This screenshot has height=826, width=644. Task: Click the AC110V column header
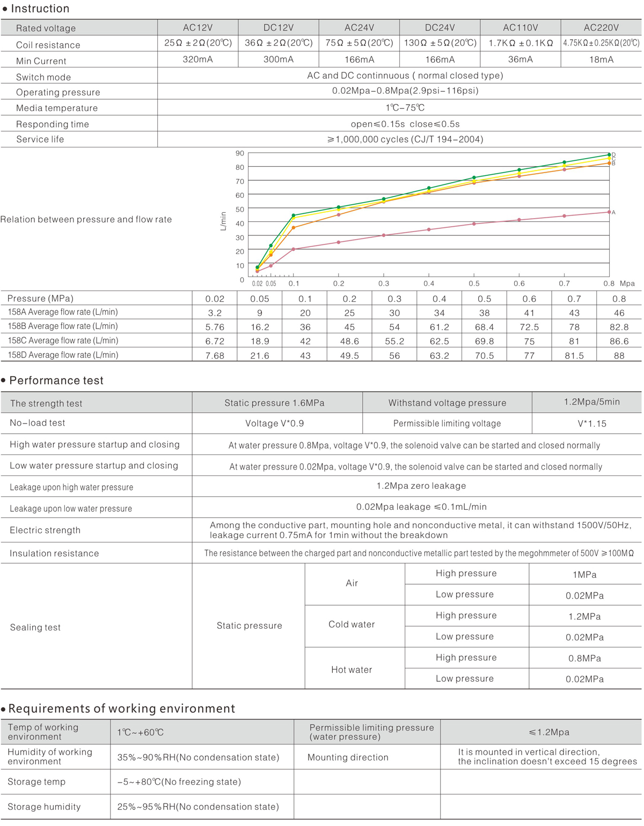pos(520,27)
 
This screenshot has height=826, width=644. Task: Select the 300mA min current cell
pos(279,59)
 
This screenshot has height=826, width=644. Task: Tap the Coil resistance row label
pos(48,45)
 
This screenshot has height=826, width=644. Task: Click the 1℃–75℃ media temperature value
pos(405,108)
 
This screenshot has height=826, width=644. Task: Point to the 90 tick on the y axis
pos(240,153)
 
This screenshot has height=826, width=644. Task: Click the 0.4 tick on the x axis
pos(429,284)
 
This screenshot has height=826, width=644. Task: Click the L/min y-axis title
pos(223,221)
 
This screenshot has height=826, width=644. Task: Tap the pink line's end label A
pos(613,212)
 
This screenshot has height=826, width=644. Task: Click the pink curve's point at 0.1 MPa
pos(294,249)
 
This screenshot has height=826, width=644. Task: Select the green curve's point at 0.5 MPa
pos(474,177)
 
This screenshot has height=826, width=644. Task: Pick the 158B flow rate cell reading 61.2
pos(439,327)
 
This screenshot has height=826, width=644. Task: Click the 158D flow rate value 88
pos(619,355)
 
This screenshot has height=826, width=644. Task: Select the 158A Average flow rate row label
pos(63,312)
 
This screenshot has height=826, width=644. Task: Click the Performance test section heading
pos(56,381)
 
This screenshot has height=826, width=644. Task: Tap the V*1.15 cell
pos(591,423)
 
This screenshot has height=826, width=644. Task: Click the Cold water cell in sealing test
pos(352,624)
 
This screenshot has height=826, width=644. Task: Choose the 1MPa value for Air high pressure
pos(584,575)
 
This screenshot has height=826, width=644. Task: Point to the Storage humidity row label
pos(44,807)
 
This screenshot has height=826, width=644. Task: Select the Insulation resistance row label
pos(54,553)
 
